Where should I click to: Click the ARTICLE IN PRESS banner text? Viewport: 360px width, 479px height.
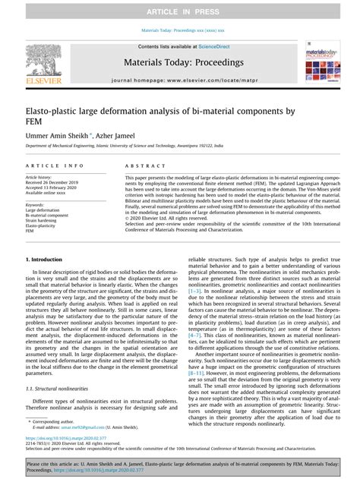tap(180, 9)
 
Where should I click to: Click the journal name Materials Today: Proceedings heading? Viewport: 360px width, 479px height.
tap(180, 61)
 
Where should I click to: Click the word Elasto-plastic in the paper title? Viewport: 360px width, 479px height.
tap(51, 111)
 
